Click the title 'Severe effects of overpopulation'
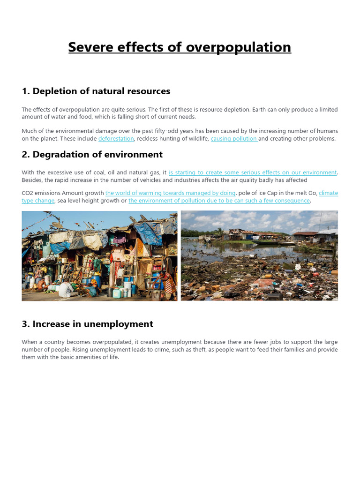pos(180,47)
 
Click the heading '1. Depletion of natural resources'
pos(96,91)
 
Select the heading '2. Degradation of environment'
pos(92,154)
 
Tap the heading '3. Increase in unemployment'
pos(87,324)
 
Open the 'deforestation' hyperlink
pos(116,139)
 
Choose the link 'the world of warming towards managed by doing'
pos(170,193)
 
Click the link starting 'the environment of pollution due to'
pos(219,201)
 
